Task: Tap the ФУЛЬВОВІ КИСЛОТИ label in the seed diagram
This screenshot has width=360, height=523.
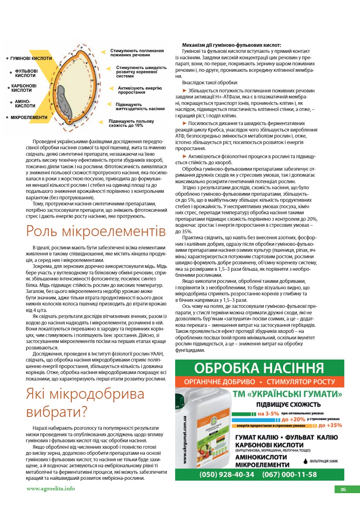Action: point(26,73)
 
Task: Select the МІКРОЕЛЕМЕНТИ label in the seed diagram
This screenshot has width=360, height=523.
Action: point(29,117)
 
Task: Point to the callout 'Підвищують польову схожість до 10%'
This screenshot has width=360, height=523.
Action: point(131,123)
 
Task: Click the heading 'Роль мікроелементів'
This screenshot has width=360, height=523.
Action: point(96,231)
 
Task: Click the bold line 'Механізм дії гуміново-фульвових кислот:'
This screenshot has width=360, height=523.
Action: point(231,45)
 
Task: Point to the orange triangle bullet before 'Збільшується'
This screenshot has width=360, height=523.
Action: point(185,90)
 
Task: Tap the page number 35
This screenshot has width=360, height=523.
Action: point(343,490)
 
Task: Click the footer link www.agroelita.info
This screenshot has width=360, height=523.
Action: point(50,489)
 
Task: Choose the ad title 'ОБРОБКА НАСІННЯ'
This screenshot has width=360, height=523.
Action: point(259,368)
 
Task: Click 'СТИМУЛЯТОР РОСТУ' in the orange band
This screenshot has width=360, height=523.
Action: point(301,382)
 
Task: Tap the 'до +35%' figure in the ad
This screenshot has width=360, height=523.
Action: point(330,425)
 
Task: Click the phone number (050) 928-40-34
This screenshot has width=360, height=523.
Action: point(227,475)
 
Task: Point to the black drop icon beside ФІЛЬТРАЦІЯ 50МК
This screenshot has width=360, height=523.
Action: point(306,460)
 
